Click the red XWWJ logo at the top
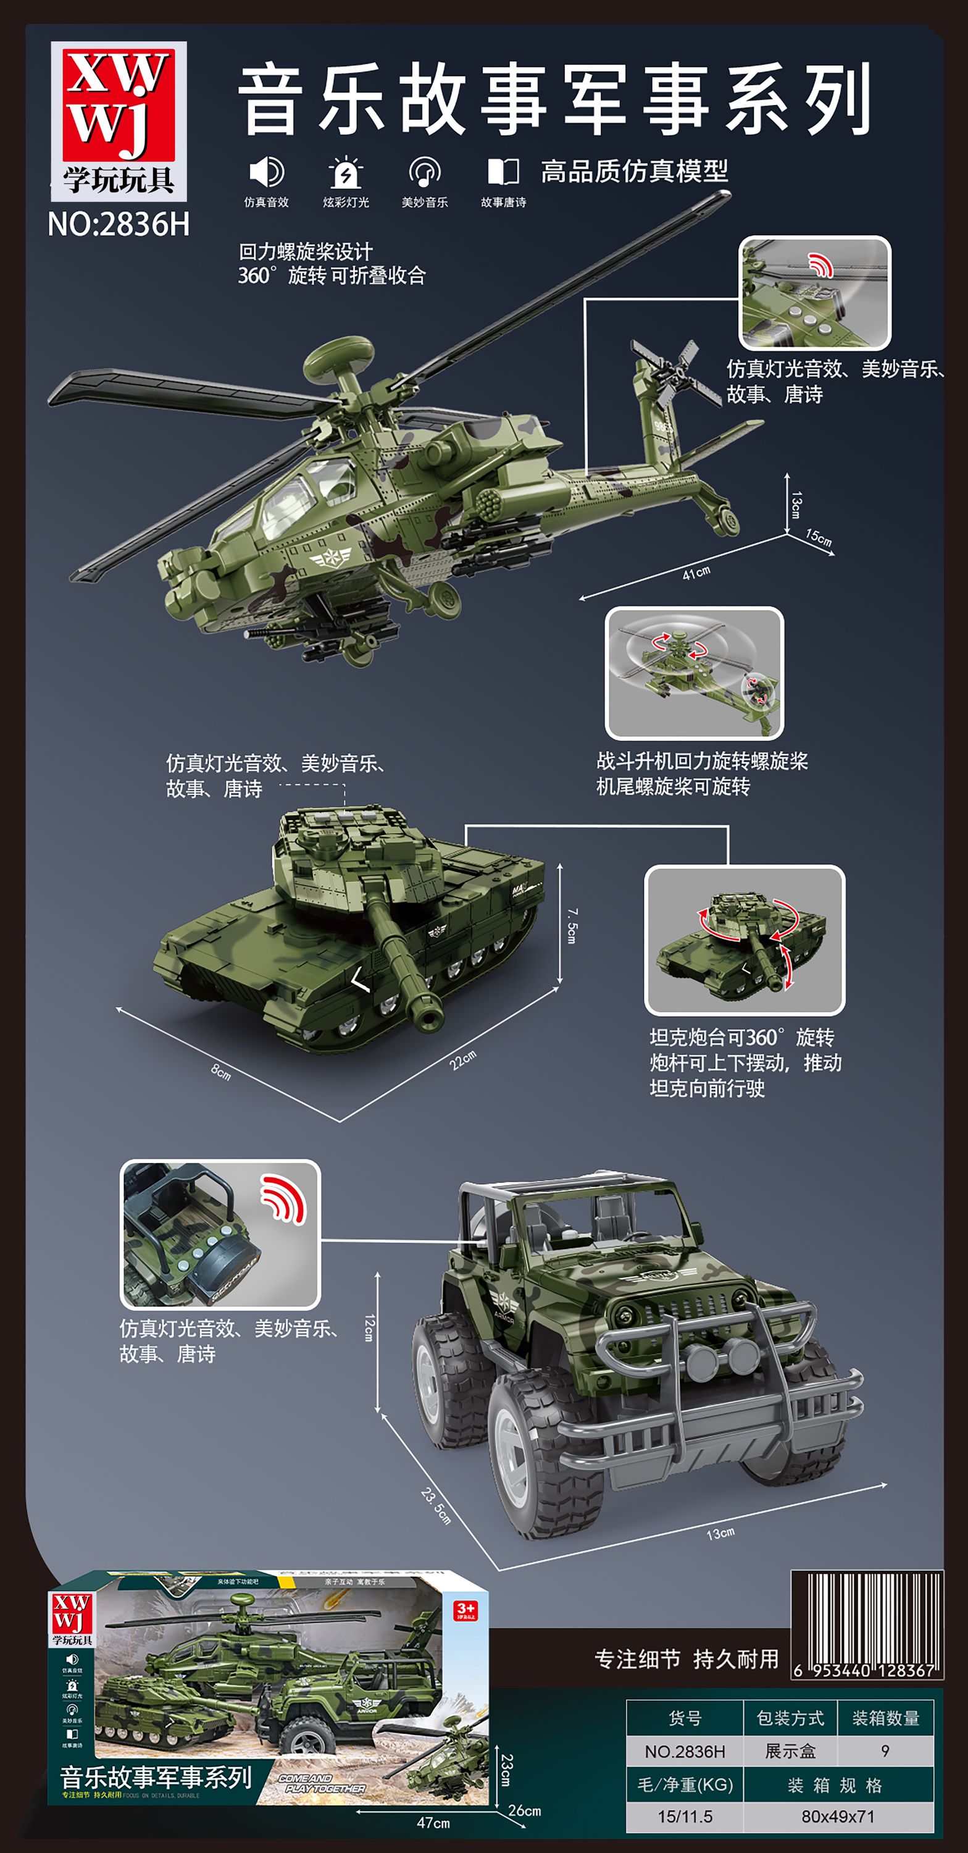119,104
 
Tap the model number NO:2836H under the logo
119,224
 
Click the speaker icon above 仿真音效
266,173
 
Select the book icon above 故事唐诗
503,173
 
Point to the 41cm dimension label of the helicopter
696,573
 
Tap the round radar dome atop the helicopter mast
338,353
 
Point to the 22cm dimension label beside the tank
462,1059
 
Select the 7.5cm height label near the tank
571,925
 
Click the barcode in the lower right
867,1623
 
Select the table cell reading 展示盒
790,1751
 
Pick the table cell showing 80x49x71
838,1817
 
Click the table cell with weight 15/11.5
685,1817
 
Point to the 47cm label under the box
433,1823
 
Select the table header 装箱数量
885,1718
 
